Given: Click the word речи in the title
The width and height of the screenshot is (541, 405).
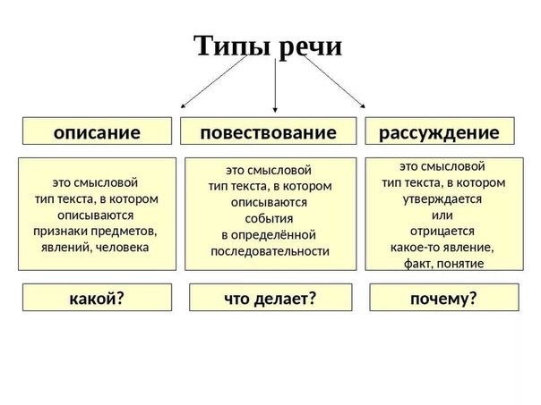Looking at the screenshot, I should (x=309, y=46).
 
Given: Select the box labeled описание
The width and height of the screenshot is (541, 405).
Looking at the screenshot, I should (x=97, y=132).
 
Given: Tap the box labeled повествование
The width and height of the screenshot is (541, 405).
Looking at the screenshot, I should (x=269, y=132).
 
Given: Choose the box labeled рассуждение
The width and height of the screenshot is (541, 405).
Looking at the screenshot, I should (x=439, y=132).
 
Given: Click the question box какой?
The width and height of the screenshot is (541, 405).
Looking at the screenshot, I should (x=97, y=299).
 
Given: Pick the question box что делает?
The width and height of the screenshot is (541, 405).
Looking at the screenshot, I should (x=270, y=299).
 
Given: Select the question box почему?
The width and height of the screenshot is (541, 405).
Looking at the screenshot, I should (x=443, y=299).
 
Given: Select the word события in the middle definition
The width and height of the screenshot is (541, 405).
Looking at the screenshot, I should (x=270, y=219).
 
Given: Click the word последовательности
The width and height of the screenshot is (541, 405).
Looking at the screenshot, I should (x=270, y=251).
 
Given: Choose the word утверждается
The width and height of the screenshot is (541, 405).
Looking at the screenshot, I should (x=443, y=199).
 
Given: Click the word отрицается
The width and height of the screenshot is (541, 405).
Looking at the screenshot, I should (x=443, y=231).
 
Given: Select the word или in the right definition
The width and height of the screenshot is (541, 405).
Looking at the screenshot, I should (x=442, y=215).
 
